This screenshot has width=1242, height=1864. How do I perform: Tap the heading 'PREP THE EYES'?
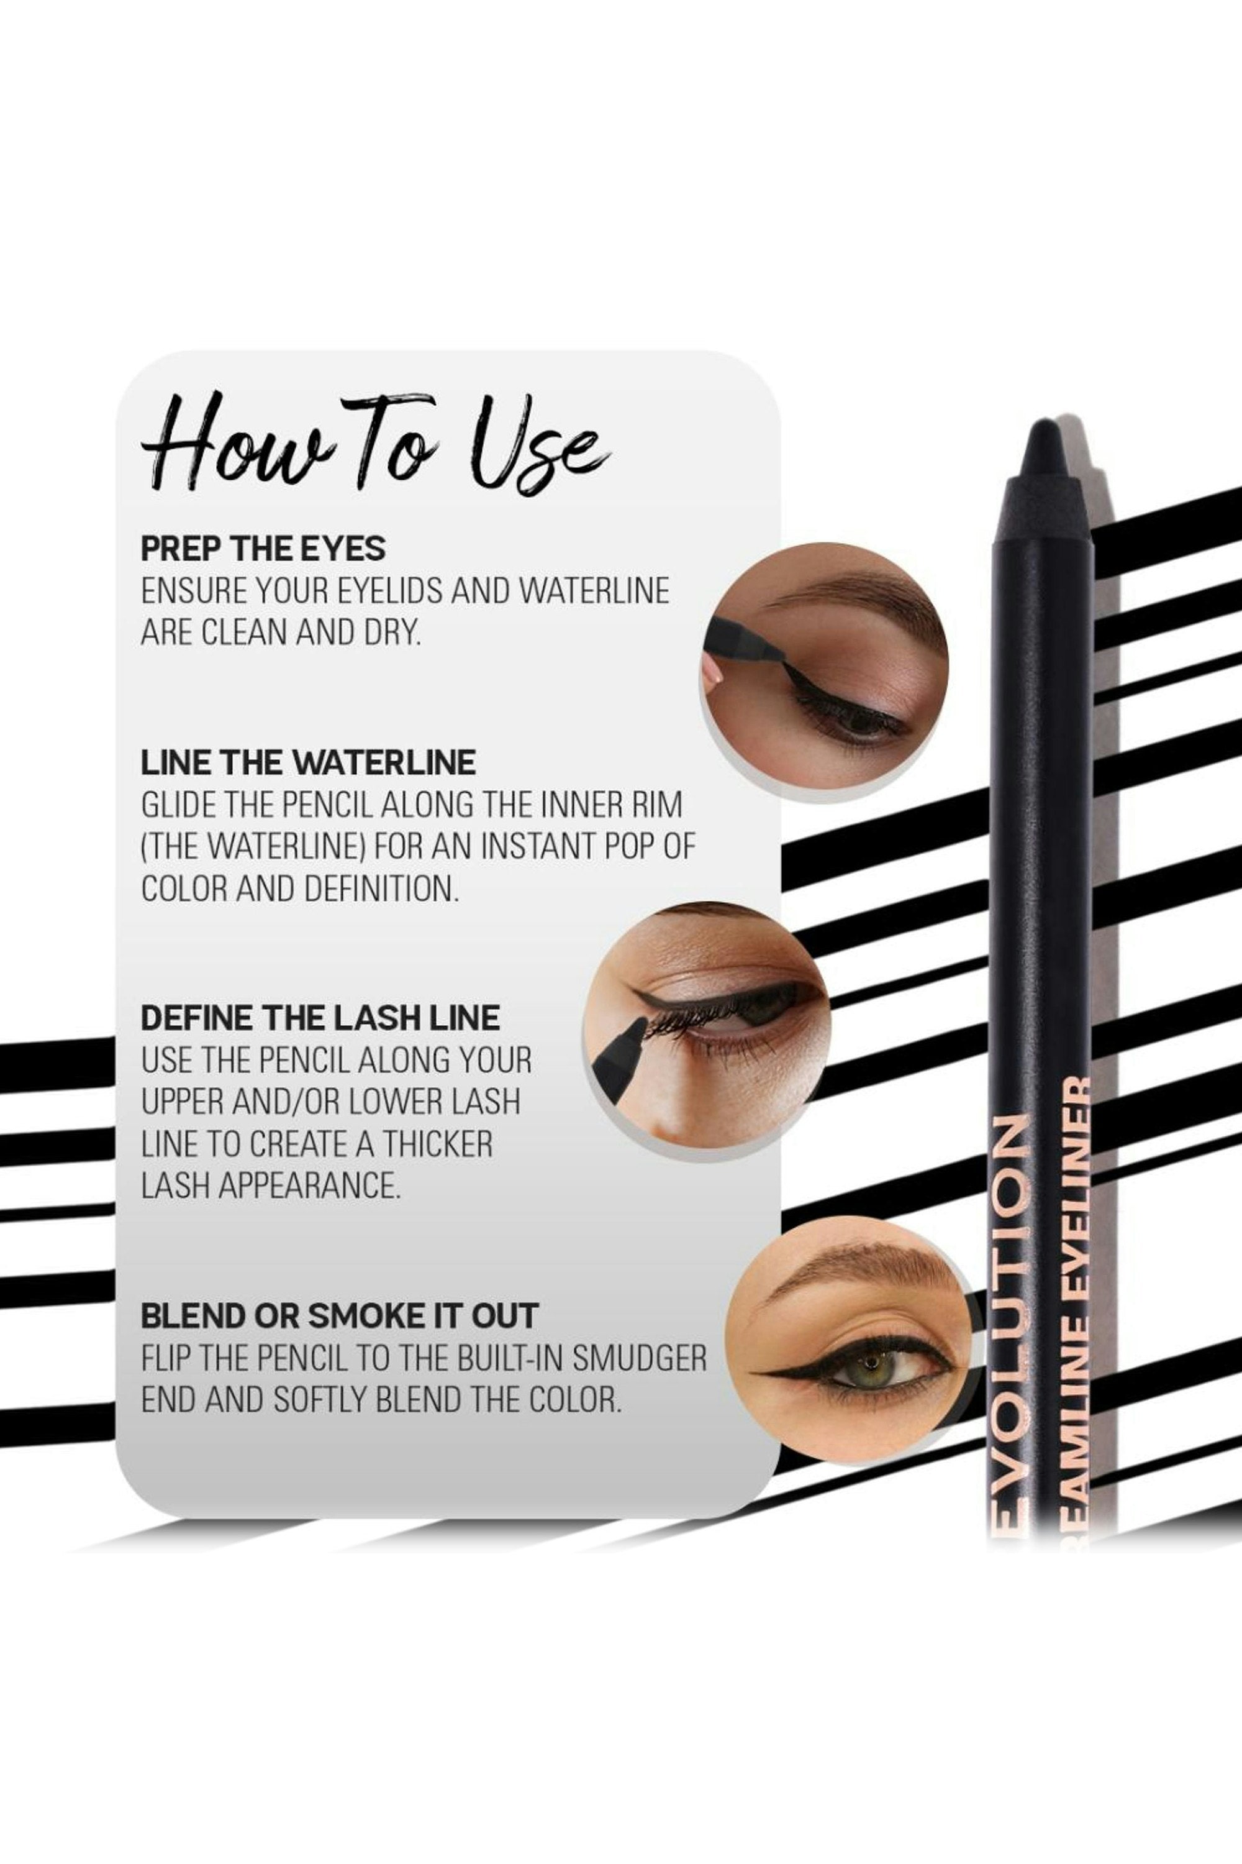click(x=263, y=549)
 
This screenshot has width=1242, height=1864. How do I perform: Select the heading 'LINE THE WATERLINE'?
click(x=308, y=762)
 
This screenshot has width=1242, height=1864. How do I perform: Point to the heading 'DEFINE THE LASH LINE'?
click(x=320, y=1018)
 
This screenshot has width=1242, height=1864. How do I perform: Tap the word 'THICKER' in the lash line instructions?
click(x=438, y=1144)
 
